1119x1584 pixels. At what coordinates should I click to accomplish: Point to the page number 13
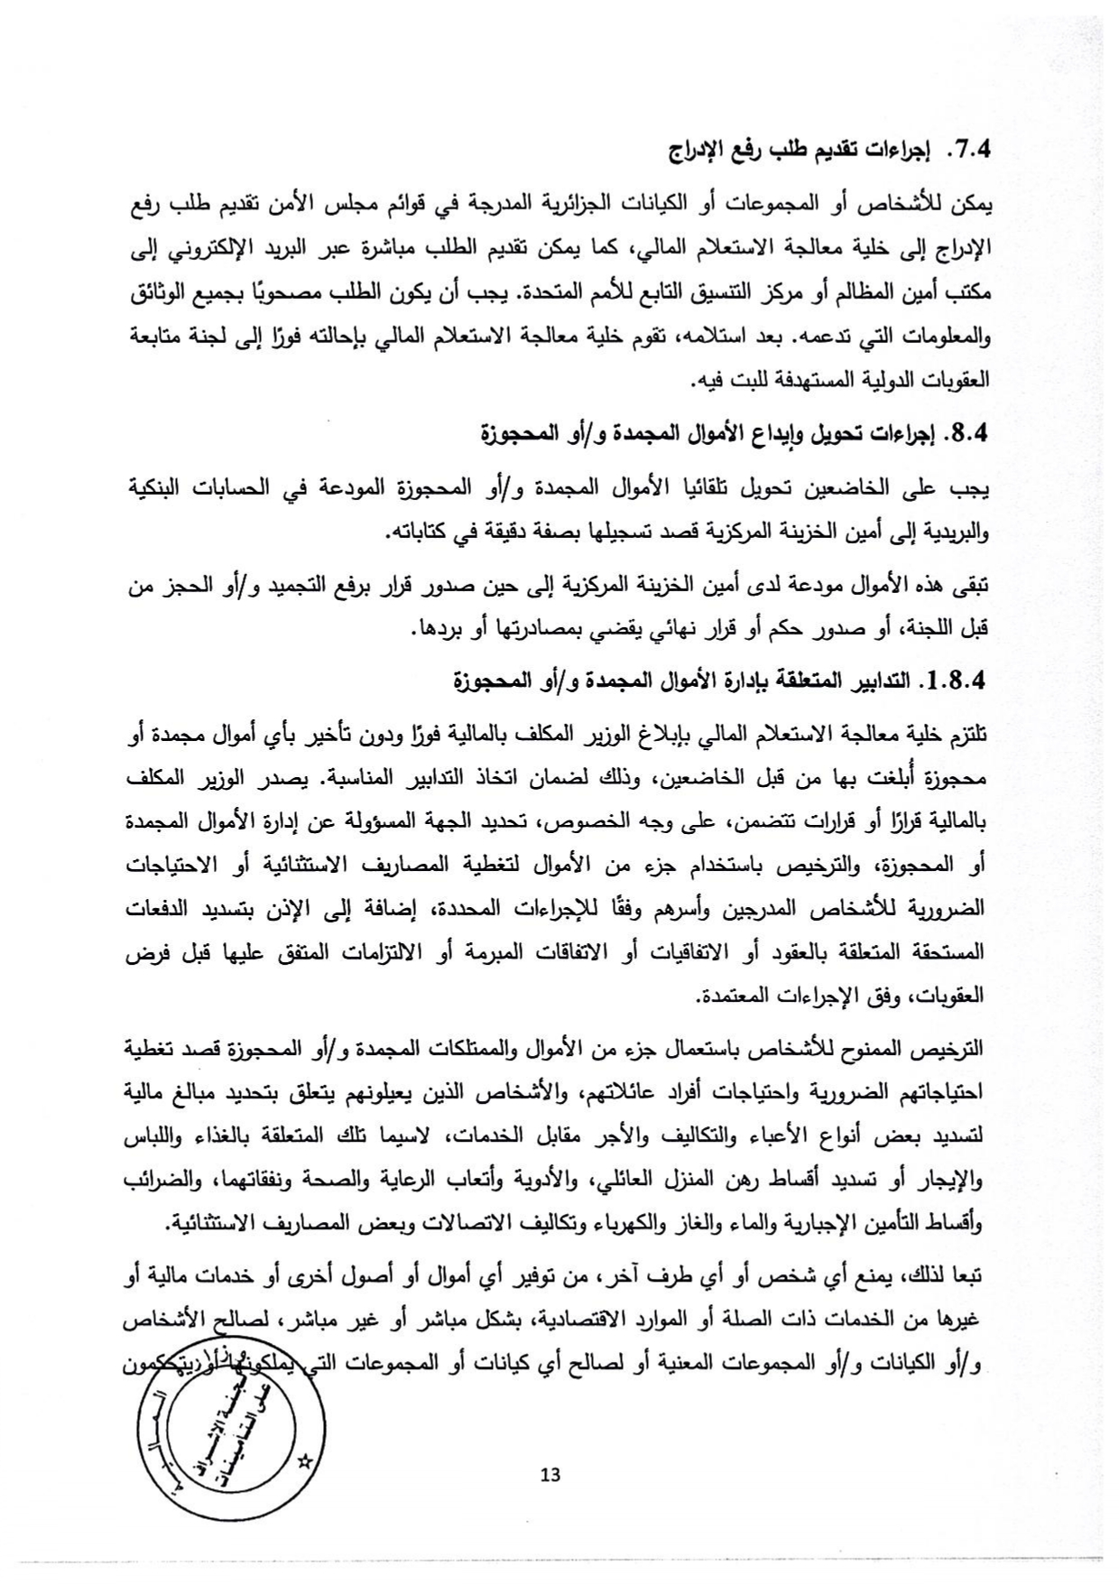550,1475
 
